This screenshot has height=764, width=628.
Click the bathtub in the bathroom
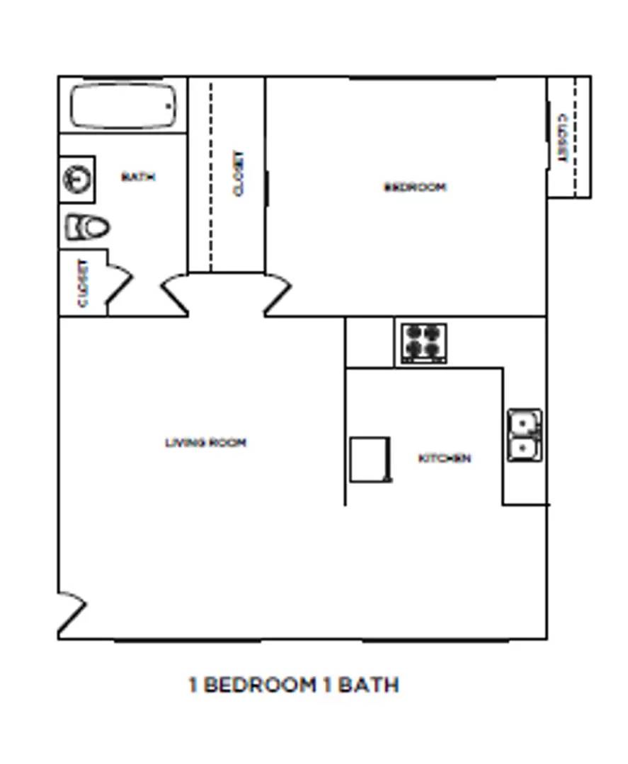pos(123,106)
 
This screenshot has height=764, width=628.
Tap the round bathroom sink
pos(77,179)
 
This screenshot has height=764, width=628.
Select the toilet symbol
pos(87,227)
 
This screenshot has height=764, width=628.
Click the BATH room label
pos(138,176)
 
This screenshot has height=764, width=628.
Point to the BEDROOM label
pos(415,187)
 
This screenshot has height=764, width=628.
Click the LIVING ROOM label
pos(206,442)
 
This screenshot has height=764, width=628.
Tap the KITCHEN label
pos(445,458)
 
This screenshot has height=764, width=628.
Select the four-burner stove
pos(423,344)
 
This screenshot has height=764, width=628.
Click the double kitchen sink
pos(525,435)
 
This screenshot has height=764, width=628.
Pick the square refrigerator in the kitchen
pos(370,460)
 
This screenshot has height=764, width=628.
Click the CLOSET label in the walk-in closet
pos(239,173)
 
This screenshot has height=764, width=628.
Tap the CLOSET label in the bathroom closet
pos(84,283)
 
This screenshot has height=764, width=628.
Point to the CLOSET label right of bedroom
pos(563,139)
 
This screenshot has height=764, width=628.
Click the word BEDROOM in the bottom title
pos(259,685)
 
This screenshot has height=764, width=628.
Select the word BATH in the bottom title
pos(368,685)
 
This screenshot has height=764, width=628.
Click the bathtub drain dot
pos(169,105)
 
